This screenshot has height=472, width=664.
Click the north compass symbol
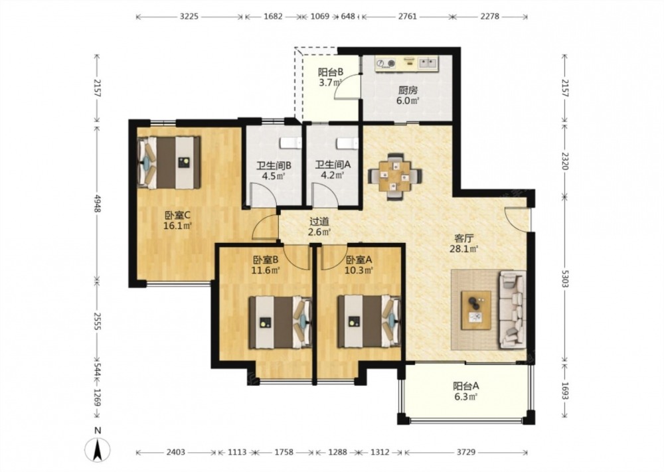(x=98, y=449)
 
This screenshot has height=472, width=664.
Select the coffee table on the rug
(x=476, y=310)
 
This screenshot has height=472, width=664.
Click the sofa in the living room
(x=513, y=309)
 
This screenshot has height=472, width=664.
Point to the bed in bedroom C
(x=169, y=163)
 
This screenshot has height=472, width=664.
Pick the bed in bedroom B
(x=280, y=322)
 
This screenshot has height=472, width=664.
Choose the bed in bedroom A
(x=369, y=321)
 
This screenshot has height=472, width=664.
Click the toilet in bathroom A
(x=347, y=143)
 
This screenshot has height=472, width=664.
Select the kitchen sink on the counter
(x=428, y=64)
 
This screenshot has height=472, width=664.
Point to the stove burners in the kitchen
(x=386, y=64)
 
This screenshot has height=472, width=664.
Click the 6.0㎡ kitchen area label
(x=408, y=101)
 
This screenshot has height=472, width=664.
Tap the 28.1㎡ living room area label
(x=463, y=249)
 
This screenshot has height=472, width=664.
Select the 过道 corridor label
(x=319, y=222)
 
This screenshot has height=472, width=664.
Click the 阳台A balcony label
(x=466, y=386)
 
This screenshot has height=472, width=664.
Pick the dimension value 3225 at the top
(x=189, y=17)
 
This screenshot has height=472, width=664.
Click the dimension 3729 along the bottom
(x=466, y=452)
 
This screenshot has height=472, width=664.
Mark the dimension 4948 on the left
(x=98, y=202)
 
